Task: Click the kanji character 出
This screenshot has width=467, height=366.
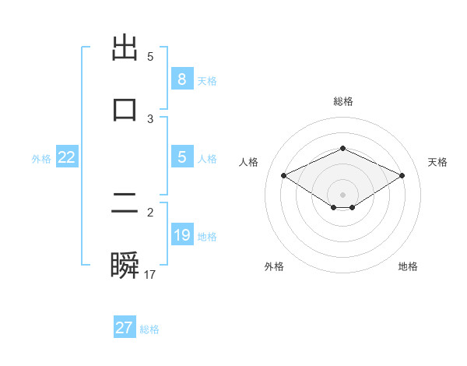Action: click(125, 48)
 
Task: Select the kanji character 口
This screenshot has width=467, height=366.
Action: click(125, 109)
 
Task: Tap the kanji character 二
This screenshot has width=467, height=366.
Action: click(125, 204)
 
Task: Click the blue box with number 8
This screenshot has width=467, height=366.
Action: click(181, 79)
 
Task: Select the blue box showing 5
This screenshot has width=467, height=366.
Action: click(181, 157)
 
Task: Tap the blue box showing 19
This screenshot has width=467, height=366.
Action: click(181, 235)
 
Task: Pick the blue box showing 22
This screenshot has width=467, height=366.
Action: click(67, 157)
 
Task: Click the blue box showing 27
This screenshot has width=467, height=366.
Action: click(124, 328)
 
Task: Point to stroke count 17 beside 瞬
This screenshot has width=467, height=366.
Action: click(150, 275)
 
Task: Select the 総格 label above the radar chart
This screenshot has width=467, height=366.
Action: click(342, 101)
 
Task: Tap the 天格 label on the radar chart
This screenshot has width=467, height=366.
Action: click(437, 162)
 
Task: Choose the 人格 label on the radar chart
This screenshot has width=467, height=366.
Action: click(249, 162)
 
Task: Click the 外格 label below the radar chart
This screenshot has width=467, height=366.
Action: click(274, 266)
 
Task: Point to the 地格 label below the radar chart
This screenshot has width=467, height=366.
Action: click(408, 266)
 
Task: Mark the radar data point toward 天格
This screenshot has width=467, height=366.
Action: click(402, 175)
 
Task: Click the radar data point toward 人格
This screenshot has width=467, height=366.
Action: click(283, 175)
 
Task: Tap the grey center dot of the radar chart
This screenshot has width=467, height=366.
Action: click(342, 194)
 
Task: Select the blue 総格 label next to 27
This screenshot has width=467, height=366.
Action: click(149, 329)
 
